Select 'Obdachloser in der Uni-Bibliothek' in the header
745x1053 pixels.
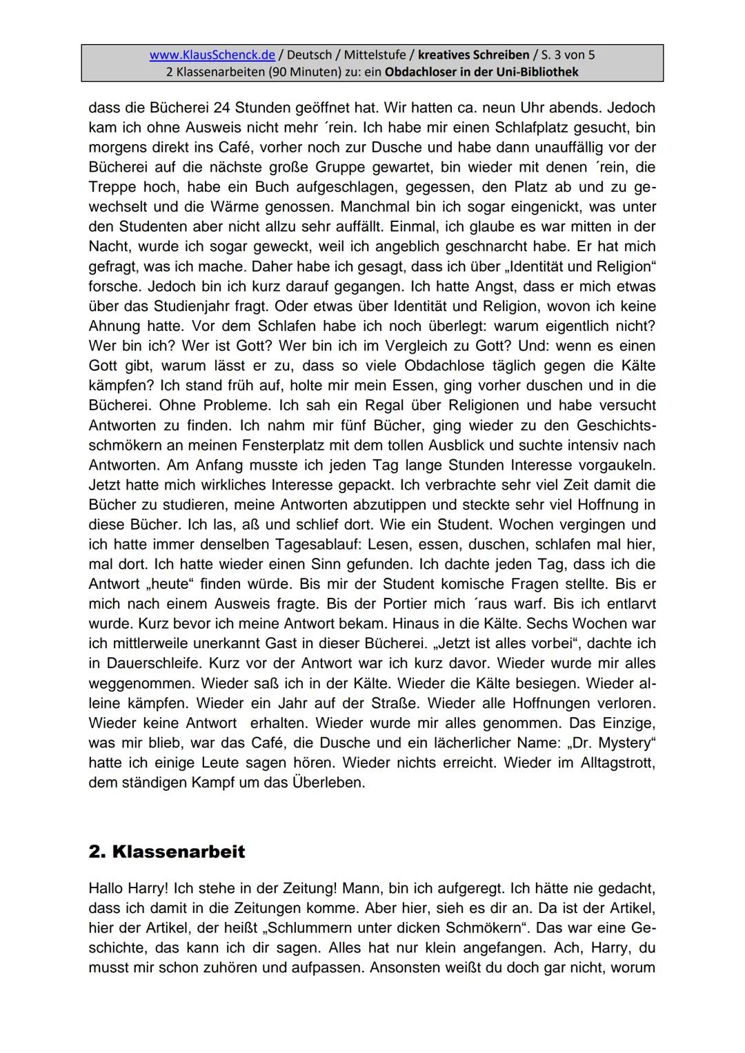click(x=481, y=72)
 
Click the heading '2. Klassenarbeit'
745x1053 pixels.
click(x=166, y=852)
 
